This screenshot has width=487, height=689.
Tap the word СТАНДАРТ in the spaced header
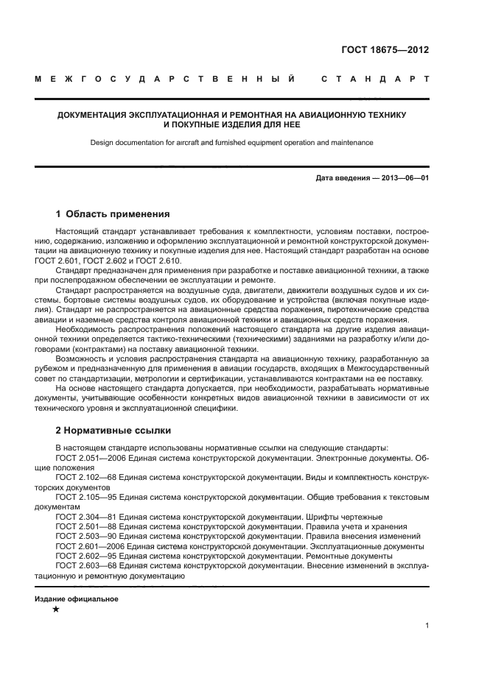click(374, 79)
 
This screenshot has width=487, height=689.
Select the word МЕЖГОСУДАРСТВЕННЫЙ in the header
click(166, 79)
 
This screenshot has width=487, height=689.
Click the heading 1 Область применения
click(113, 214)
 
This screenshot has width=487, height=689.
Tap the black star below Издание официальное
click(55, 609)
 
